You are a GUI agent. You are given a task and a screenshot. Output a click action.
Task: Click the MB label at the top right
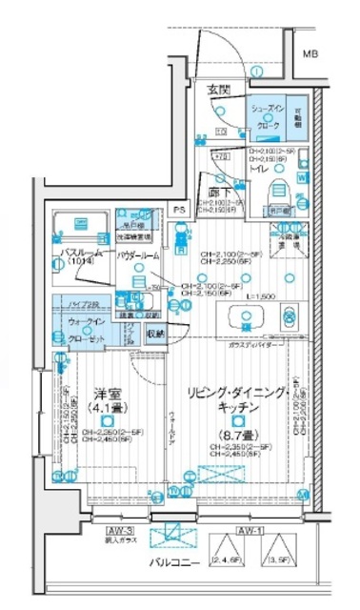pos(310,53)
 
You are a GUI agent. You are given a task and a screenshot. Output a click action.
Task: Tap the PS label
pos(177,210)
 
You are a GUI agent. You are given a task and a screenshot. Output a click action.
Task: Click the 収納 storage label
pos(155,333)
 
